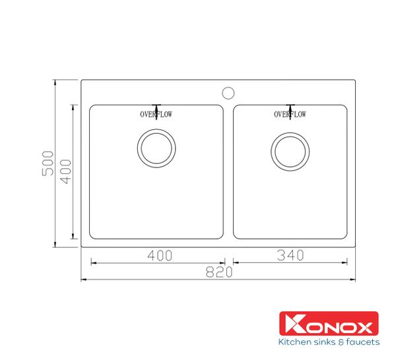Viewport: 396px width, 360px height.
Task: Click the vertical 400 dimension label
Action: click(x=65, y=171)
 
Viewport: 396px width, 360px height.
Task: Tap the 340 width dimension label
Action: click(x=290, y=255)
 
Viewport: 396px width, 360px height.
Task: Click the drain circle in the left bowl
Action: click(x=156, y=147)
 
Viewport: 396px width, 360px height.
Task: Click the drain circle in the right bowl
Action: click(x=290, y=150)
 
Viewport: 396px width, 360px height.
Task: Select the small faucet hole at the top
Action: click(x=228, y=91)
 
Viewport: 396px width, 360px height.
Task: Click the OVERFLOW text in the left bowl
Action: click(x=156, y=115)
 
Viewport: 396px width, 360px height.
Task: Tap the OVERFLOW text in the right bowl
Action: click(x=290, y=115)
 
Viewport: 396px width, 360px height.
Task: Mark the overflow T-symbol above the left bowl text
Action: click(x=156, y=107)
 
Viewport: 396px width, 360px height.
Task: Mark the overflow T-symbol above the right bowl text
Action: click(x=290, y=107)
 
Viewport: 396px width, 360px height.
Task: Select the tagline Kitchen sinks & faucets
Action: click(x=329, y=343)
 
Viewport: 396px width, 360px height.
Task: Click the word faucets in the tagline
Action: click(x=362, y=343)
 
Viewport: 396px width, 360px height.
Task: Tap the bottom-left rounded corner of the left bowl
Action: click(x=93, y=235)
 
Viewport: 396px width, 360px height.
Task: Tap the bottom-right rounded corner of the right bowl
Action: click(x=344, y=235)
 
